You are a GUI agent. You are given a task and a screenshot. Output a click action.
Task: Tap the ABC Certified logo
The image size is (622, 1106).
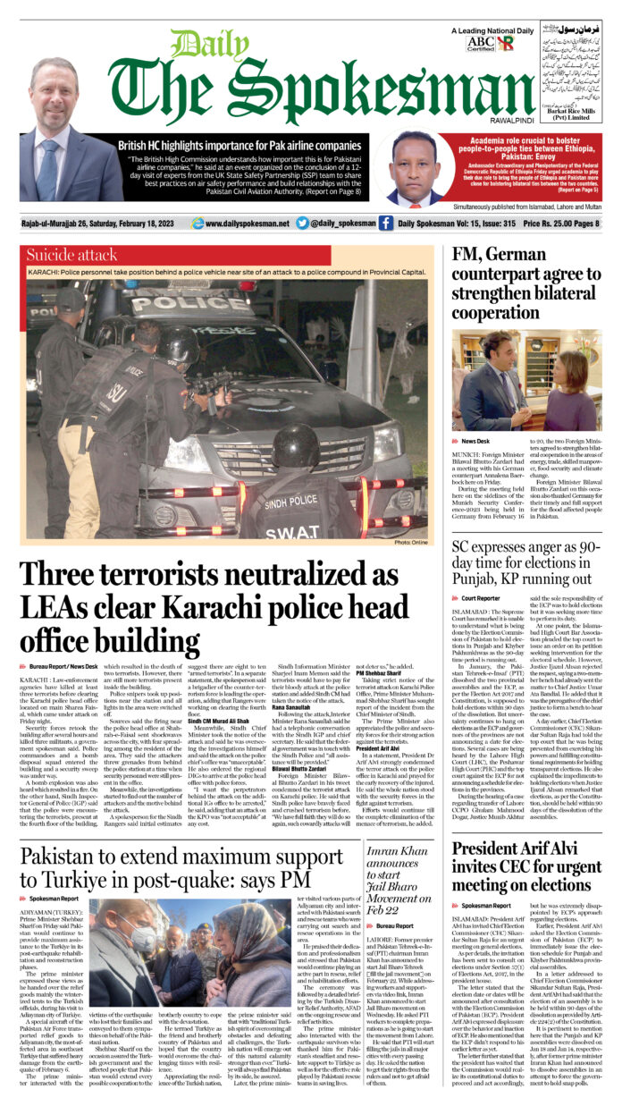tap(507, 44)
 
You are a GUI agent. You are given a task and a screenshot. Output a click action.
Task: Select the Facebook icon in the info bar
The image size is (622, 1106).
tap(386, 224)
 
